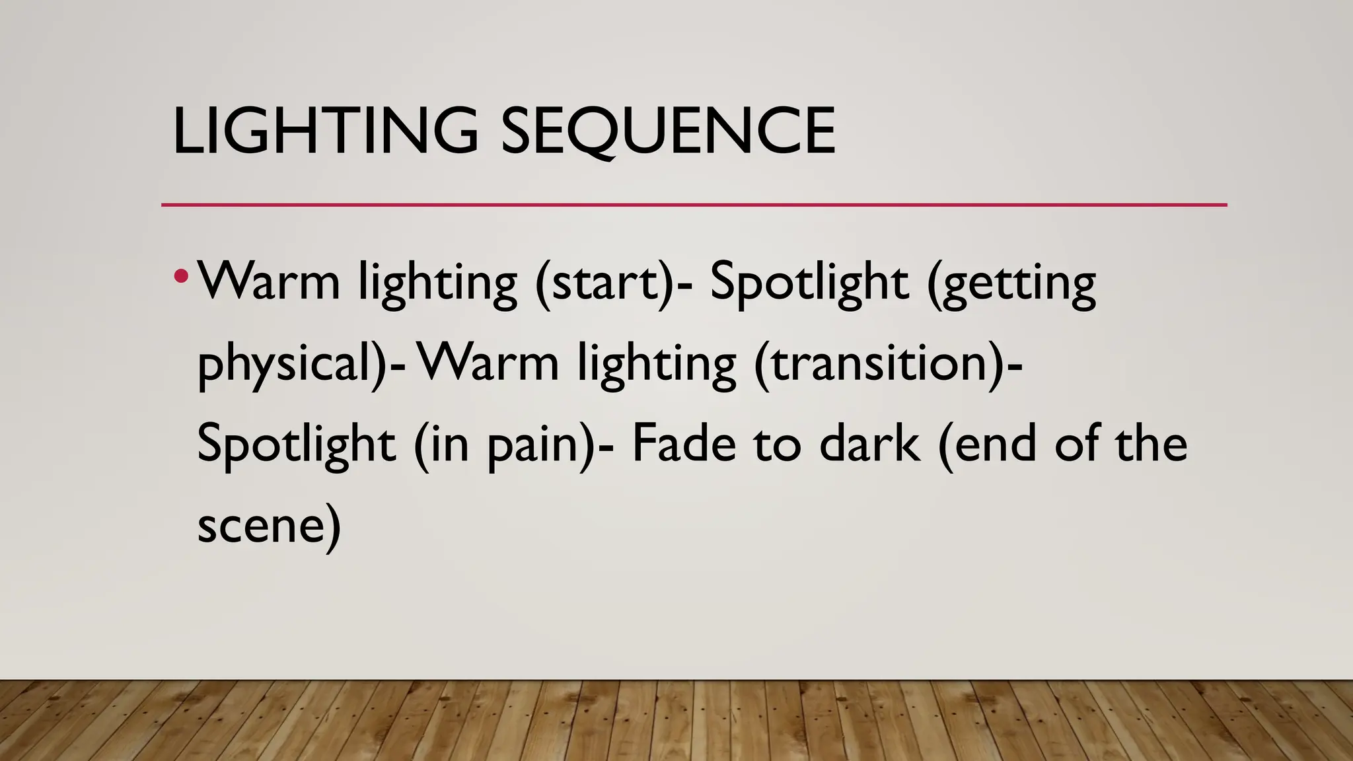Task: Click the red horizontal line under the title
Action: pos(694,205)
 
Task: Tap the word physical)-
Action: pos(301,365)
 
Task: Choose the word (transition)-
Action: pos(889,364)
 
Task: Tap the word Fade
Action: pos(684,444)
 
